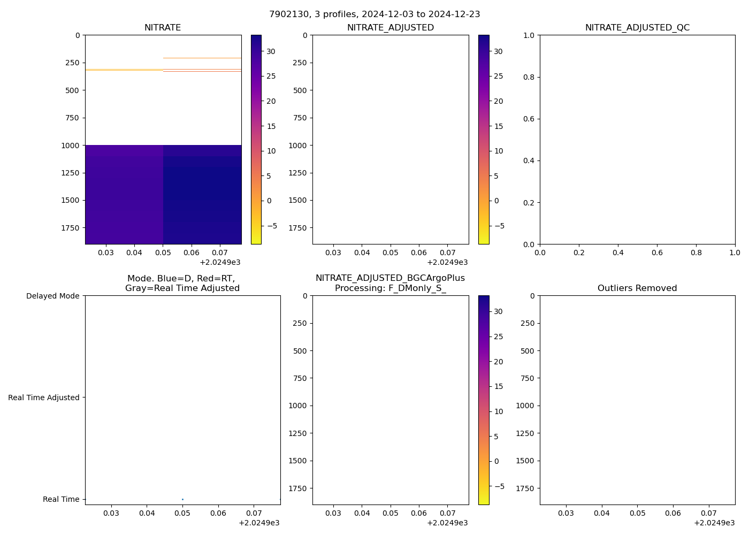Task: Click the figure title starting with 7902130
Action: pos(374,14)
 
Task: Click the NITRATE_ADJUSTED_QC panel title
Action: pos(637,28)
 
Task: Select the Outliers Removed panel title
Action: pos(637,288)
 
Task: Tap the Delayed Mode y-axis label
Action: pos(52,296)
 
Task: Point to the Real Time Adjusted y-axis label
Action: pos(44,398)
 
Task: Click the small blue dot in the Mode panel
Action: pos(182,499)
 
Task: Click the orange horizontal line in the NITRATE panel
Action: pos(202,58)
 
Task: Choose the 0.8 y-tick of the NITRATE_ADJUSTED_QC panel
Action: pos(530,77)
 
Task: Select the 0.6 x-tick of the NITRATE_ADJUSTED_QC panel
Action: pos(657,253)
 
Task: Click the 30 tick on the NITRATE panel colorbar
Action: pos(271,51)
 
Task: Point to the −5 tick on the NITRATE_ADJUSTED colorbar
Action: pos(499,226)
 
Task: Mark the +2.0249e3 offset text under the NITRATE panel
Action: pos(220,262)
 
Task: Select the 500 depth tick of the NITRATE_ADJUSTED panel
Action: pos(300,90)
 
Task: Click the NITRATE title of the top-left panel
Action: pos(163,28)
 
